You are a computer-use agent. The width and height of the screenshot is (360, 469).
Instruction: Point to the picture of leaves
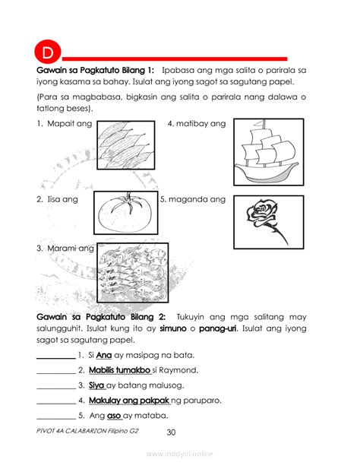(x=127, y=144)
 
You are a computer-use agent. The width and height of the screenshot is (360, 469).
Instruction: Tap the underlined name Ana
(x=104, y=355)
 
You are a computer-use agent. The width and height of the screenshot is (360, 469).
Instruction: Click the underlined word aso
(x=114, y=416)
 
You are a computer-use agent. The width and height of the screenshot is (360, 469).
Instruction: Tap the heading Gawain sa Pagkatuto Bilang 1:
(x=96, y=70)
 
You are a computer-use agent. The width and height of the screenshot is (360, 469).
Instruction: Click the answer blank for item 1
(x=55, y=356)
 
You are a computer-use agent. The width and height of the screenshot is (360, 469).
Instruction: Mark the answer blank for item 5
(x=55, y=417)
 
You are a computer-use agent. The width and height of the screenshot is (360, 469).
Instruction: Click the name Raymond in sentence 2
(x=179, y=370)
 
